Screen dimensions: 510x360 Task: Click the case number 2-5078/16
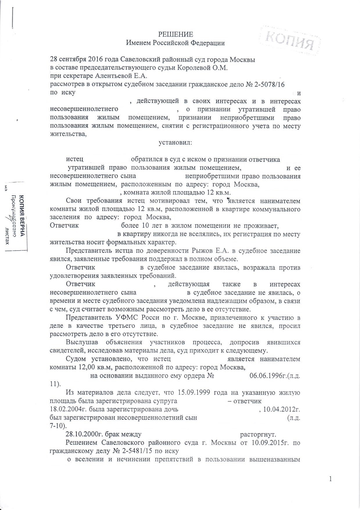pos(269,84)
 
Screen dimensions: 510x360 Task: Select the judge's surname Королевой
pos(196,68)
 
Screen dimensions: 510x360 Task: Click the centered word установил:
pos(175,143)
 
